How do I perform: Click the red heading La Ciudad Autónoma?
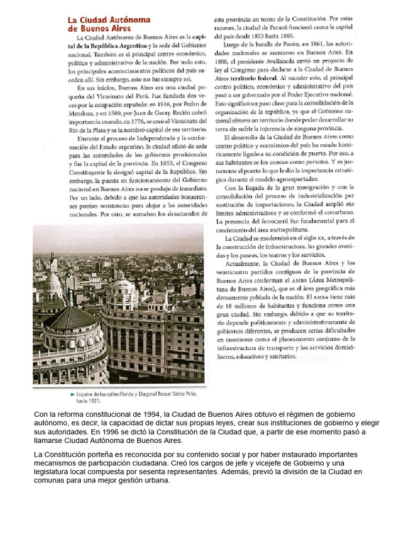pyautogui.click(x=109, y=20)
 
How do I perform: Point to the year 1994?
pyautogui.click(x=149, y=414)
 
